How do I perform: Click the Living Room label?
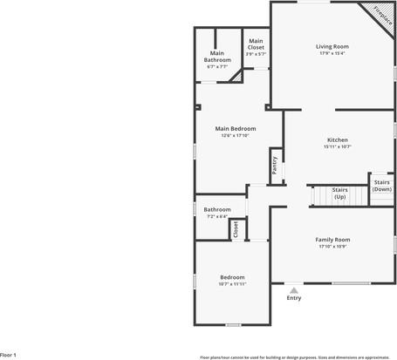pyautogui.click(x=332, y=46)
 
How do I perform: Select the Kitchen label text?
pyautogui.click(x=338, y=140)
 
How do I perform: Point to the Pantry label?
pyautogui.click(x=274, y=166)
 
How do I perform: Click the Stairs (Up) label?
pyautogui.click(x=339, y=194)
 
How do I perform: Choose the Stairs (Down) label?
pyautogui.click(x=382, y=186)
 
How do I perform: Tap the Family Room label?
pyautogui.click(x=332, y=239)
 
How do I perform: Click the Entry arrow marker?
pyautogui.click(x=294, y=290)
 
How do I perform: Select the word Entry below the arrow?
pyautogui.click(x=294, y=299)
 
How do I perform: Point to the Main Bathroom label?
pyautogui.click(x=217, y=57)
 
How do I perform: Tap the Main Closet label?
pyautogui.click(x=256, y=44)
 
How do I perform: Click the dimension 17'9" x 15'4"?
pyautogui.click(x=332, y=54)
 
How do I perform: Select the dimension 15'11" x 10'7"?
pyautogui.click(x=338, y=147)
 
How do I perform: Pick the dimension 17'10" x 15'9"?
pyautogui.click(x=332, y=247)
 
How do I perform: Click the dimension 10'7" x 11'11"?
pyautogui.click(x=232, y=284)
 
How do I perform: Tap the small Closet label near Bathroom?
pyautogui.click(x=236, y=229)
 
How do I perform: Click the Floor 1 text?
pyautogui.click(x=9, y=355)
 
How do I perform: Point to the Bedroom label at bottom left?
pyautogui.click(x=232, y=276)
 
